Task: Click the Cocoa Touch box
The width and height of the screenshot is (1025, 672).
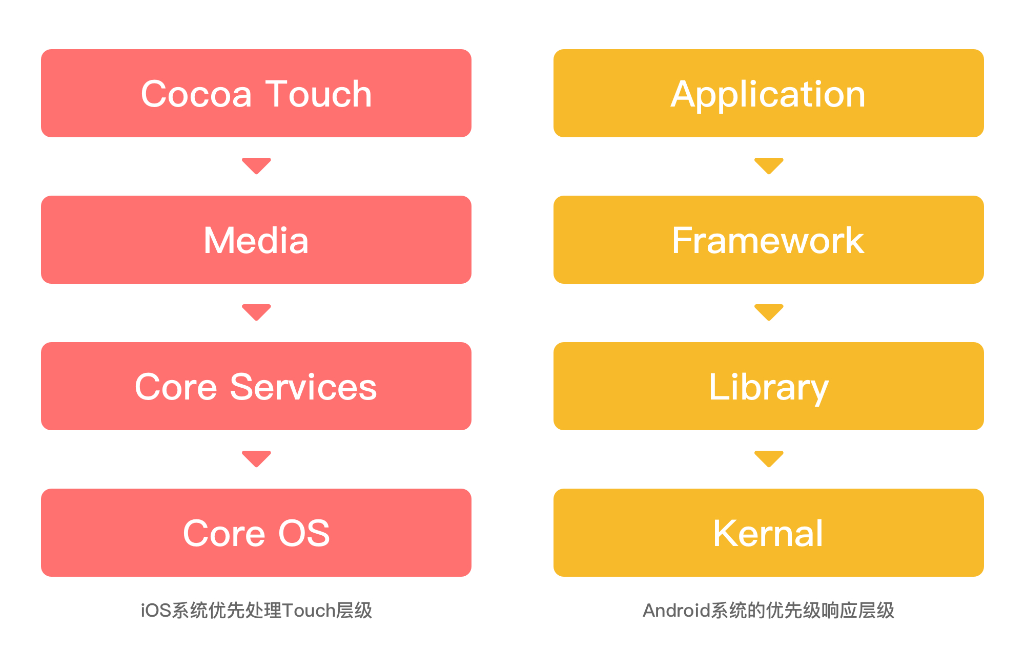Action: (x=256, y=93)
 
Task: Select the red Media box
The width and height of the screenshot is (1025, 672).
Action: (x=256, y=240)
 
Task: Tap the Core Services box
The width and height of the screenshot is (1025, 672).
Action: (x=256, y=386)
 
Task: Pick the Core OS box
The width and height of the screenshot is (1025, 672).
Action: (x=256, y=533)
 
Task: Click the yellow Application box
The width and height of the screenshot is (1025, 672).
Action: (x=769, y=93)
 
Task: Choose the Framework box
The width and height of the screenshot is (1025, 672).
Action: (x=769, y=240)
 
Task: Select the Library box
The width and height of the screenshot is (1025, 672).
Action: (x=769, y=386)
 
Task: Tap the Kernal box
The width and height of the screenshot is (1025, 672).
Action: (x=769, y=533)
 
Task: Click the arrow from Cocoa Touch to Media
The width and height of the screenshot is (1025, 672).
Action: (x=256, y=165)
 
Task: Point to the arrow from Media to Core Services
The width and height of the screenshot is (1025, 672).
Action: (x=256, y=312)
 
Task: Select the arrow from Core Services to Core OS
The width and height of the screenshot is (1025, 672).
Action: (x=256, y=458)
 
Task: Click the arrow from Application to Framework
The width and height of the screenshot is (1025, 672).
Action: (x=769, y=165)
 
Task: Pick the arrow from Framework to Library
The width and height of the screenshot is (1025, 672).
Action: (x=769, y=312)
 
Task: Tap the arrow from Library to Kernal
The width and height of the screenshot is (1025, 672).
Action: (x=769, y=458)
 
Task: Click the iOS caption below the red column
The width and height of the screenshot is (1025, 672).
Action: (x=256, y=611)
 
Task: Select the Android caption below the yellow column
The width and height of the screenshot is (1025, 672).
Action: (x=769, y=611)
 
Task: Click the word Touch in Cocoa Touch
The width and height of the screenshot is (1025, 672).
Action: (x=318, y=94)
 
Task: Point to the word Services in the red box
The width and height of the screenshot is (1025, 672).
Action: (x=303, y=387)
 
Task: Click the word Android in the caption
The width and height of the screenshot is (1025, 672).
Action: (x=676, y=611)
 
